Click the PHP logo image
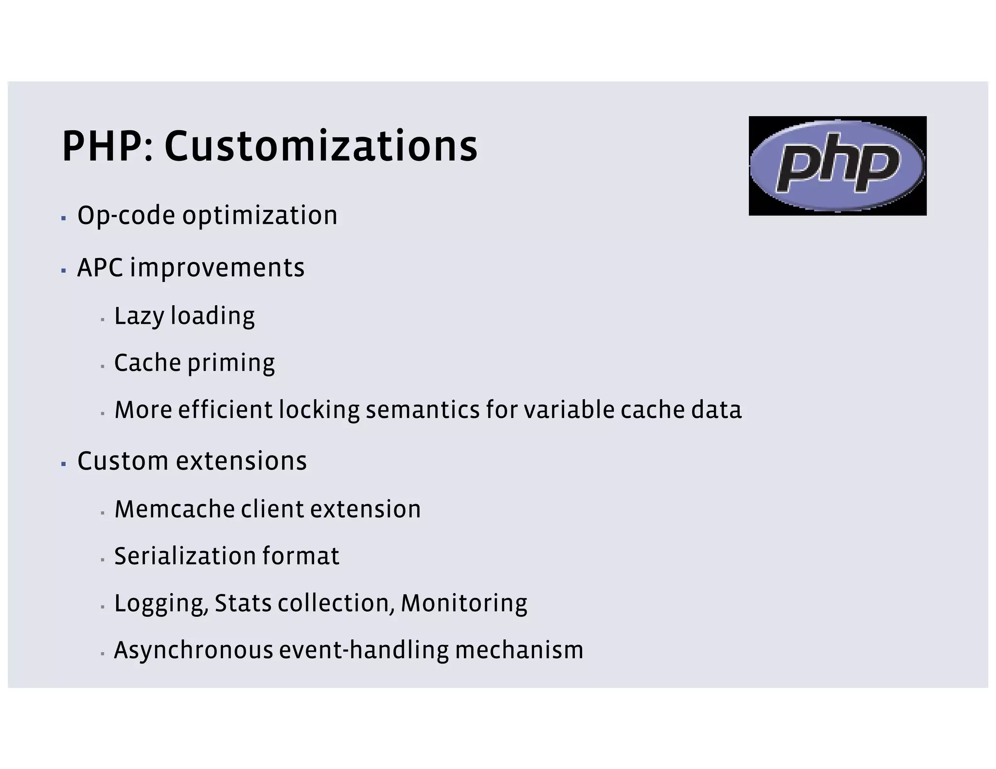[837, 166]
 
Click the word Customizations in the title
[321, 146]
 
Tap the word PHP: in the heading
[108, 146]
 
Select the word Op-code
[126, 216]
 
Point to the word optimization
[260, 216]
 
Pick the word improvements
[217, 269]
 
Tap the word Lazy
[139, 316]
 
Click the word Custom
[124, 461]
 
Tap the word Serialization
[185, 556]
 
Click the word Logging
[161, 604]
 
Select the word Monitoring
[464, 604]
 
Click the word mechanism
[519, 650]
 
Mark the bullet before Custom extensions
[64, 464]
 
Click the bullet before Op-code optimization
[64, 219]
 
